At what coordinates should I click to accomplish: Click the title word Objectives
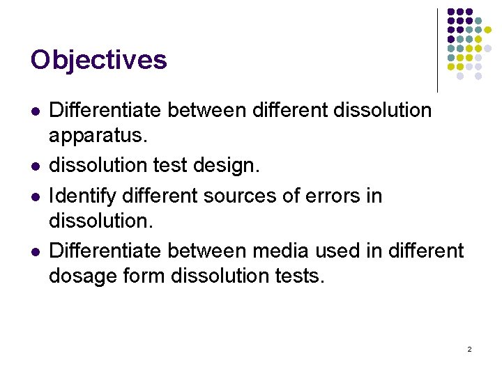(98, 60)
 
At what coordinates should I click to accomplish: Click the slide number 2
(469, 348)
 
